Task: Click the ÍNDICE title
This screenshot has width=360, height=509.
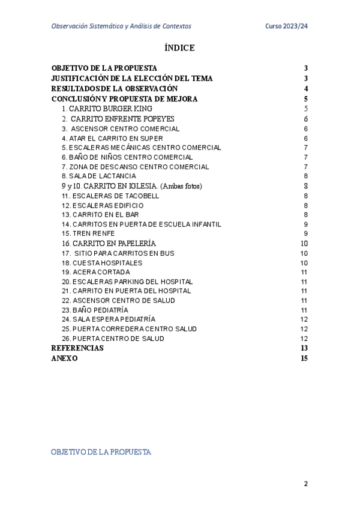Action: [179, 48]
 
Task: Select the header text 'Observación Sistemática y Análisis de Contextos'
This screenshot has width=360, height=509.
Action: [122, 26]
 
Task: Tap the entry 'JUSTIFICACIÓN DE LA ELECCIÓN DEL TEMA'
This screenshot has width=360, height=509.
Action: [132, 79]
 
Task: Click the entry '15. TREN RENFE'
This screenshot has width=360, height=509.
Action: [88, 233]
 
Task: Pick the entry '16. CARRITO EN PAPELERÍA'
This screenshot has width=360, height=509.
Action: [109, 243]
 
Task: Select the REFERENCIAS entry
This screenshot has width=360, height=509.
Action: [77, 348]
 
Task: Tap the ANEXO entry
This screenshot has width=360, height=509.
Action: [64, 358]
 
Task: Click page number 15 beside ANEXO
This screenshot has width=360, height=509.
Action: [304, 358]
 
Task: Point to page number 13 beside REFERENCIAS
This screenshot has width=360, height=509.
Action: [304, 348]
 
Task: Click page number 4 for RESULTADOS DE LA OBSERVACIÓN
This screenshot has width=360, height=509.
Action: [306, 89]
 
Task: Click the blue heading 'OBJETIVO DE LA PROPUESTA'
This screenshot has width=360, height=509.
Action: [101, 451]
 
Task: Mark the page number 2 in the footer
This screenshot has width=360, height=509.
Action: [306, 484]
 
